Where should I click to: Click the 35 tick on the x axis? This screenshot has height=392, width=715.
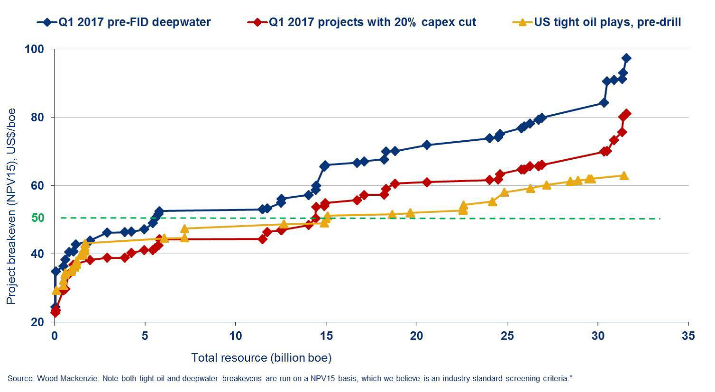pyautogui.click(x=688, y=336)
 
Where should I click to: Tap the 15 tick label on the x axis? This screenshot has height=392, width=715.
pyautogui.click(x=326, y=336)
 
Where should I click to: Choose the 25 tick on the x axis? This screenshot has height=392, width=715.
pyautogui.click(x=507, y=336)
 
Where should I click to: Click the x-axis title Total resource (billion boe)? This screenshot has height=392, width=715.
pyautogui.click(x=261, y=358)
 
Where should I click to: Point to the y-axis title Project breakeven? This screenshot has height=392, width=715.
pyautogui.click(x=11, y=206)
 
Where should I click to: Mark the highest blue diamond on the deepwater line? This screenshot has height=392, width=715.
pyautogui.click(x=626, y=58)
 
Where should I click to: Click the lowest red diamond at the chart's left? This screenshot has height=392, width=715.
pyautogui.click(x=55, y=312)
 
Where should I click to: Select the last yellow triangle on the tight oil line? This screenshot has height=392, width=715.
pyautogui.click(x=624, y=175)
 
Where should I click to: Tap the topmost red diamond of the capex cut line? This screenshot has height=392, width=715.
pyautogui.click(x=626, y=114)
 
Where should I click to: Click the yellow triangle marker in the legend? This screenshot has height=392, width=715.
pyautogui.click(x=522, y=22)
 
